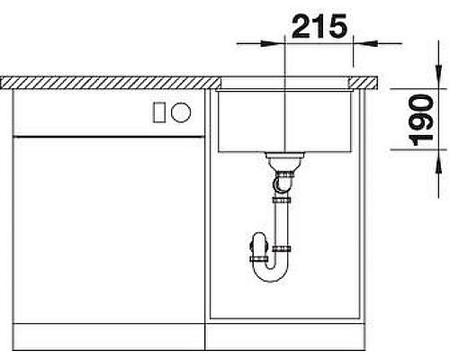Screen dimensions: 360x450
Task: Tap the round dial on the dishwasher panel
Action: tap(181, 112)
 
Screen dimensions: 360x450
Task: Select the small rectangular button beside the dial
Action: tap(160, 112)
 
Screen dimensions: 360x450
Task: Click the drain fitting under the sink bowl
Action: tap(283, 165)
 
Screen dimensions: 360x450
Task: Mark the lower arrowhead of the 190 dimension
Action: tap(438, 157)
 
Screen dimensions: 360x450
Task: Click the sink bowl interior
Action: tap(283, 121)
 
